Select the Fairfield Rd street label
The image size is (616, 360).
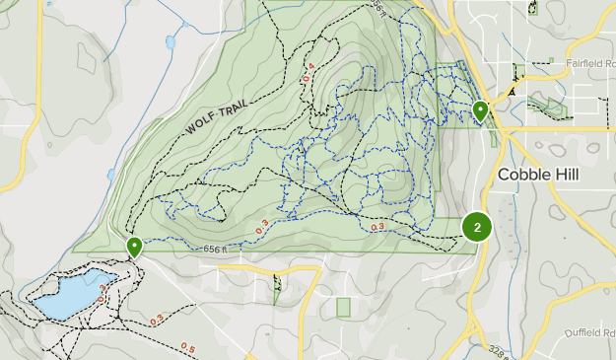point(588,62)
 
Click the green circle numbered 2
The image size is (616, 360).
point(477,228)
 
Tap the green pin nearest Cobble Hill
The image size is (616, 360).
point(480,111)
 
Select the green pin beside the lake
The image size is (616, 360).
point(133,247)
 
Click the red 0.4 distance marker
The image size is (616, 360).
point(308,72)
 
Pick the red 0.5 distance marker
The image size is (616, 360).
point(187,348)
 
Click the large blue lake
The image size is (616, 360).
point(69,294)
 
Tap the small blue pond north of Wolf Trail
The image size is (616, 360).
point(171,42)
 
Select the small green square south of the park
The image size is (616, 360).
point(343,307)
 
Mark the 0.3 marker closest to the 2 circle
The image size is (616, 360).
point(376,228)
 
